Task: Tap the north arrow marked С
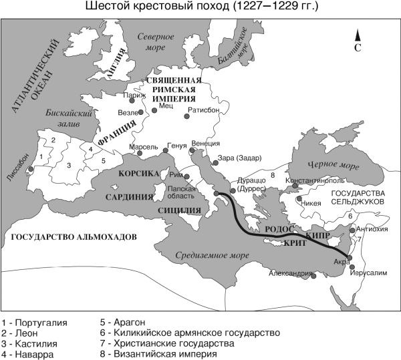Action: [x=358, y=40]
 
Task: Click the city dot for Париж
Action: [x=140, y=100]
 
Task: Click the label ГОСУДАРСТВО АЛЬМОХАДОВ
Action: [x=70, y=237]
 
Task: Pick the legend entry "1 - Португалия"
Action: [x=34, y=323]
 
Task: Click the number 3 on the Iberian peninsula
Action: [x=68, y=164]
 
